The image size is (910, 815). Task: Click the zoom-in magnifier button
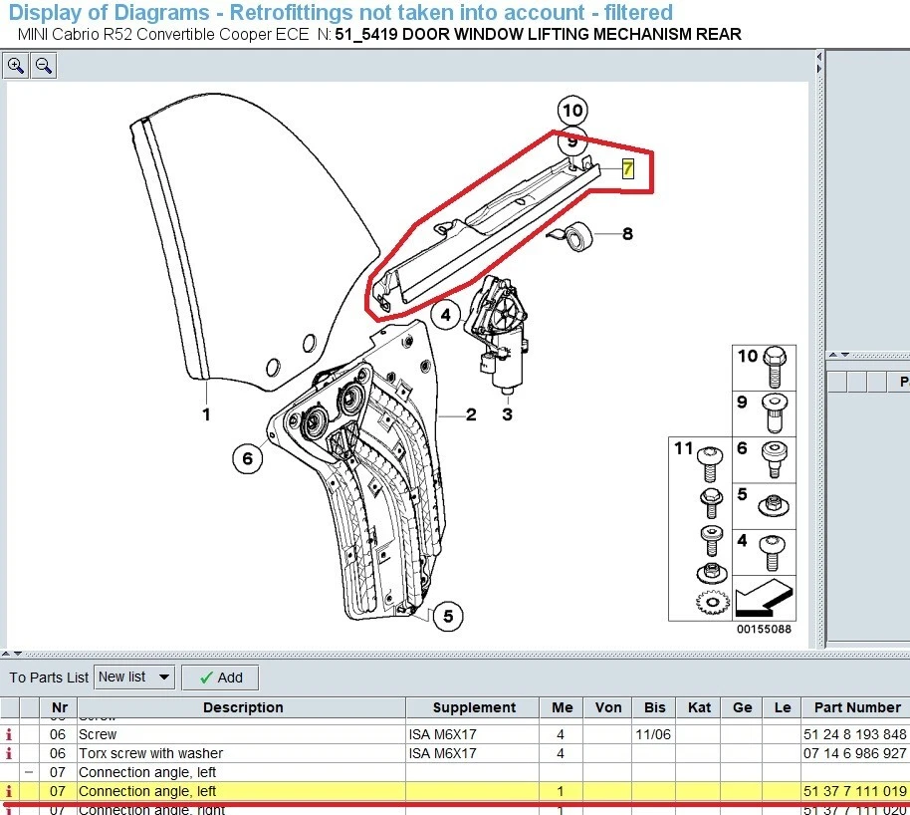click(17, 67)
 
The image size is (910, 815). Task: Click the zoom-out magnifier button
click(44, 67)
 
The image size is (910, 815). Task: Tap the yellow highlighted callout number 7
click(627, 168)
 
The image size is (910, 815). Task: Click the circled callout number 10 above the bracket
click(572, 111)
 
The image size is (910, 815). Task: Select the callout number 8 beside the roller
click(627, 235)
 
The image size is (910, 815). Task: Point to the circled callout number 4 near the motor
click(446, 316)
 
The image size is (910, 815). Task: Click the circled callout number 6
click(247, 458)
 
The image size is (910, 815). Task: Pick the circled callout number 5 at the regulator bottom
click(448, 617)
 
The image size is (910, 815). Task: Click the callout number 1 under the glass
click(207, 414)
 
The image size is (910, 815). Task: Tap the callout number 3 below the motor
click(507, 414)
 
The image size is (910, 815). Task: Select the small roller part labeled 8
click(576, 236)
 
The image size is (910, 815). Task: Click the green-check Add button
click(221, 678)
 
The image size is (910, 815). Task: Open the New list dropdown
click(134, 678)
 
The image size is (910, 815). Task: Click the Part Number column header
click(856, 707)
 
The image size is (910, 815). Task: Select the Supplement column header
click(474, 707)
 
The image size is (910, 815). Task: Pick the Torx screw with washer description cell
click(150, 753)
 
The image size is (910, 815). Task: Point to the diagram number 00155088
click(764, 629)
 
